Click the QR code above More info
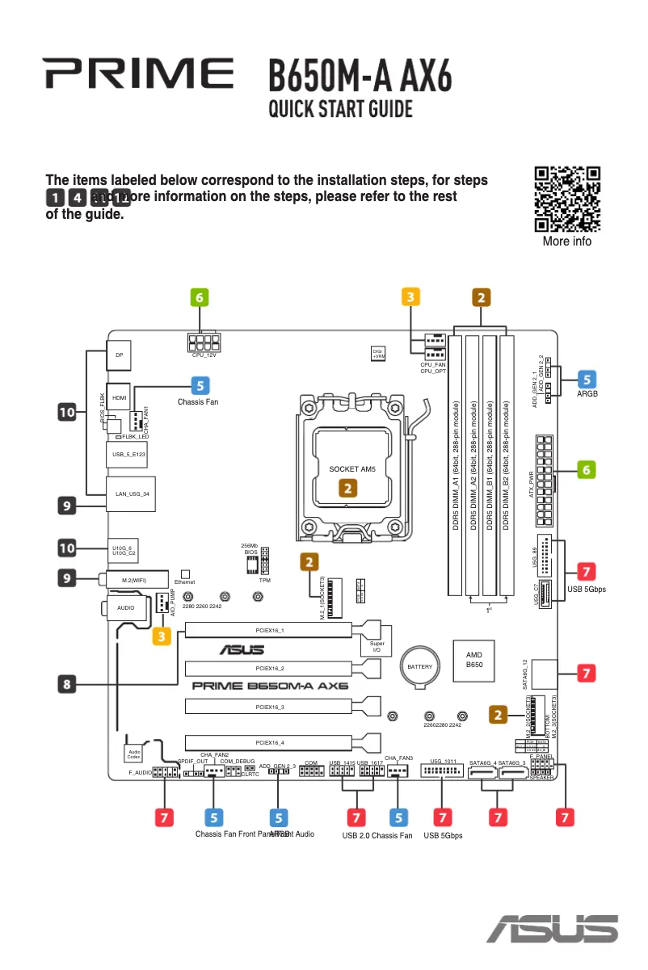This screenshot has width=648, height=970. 567,199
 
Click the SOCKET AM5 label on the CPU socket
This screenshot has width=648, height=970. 353,469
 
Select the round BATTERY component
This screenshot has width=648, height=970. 419,666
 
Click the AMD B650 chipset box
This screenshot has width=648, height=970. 474,659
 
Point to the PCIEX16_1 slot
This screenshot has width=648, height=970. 269,629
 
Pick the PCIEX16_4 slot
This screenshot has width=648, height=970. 269,742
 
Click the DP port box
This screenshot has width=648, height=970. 120,355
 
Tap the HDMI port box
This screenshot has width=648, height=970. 120,398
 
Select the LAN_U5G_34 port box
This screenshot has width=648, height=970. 132,493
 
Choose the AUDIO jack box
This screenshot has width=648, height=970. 127,607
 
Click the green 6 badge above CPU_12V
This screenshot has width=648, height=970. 200,297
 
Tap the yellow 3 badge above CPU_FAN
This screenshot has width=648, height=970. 411,297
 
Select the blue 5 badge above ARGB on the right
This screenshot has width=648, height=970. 587,378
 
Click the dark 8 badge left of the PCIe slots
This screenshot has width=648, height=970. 68,684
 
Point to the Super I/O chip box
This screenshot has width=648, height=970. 376,648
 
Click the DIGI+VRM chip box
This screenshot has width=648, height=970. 378,353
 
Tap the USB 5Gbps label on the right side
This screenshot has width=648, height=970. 587,589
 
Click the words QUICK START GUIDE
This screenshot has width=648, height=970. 341,109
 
